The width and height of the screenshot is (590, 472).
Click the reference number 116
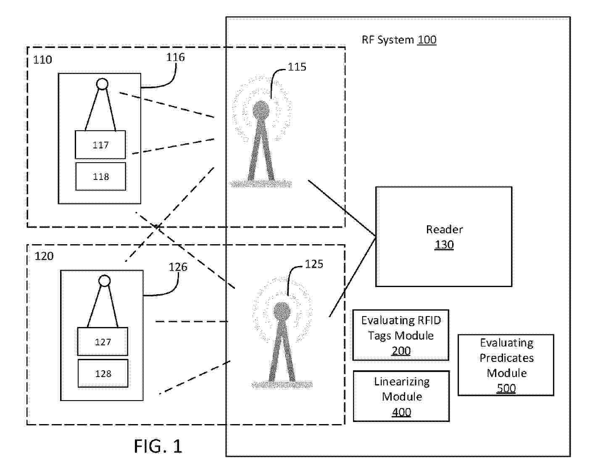[x=176, y=57]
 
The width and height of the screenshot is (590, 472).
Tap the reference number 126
[x=178, y=267]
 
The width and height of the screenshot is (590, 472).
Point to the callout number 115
[x=297, y=67]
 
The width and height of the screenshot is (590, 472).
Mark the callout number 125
[x=314, y=264]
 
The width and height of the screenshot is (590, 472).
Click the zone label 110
[x=42, y=60]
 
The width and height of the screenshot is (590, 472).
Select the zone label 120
[x=44, y=256]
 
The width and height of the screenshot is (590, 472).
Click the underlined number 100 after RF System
[x=427, y=40]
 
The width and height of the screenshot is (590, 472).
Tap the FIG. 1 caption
[x=158, y=446]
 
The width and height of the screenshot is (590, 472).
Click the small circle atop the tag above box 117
[x=102, y=84]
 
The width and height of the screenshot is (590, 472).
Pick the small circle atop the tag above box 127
[x=105, y=281]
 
